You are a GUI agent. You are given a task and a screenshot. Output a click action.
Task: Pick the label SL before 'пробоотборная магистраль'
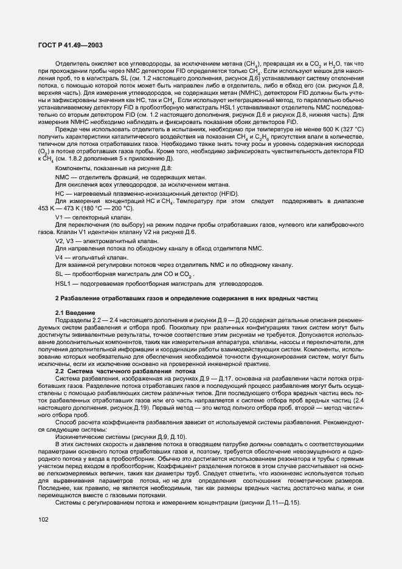pos(59,275)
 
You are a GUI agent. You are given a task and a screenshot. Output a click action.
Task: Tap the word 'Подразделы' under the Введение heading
pos(75,320)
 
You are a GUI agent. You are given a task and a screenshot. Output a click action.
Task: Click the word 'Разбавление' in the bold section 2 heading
pos(83,298)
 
